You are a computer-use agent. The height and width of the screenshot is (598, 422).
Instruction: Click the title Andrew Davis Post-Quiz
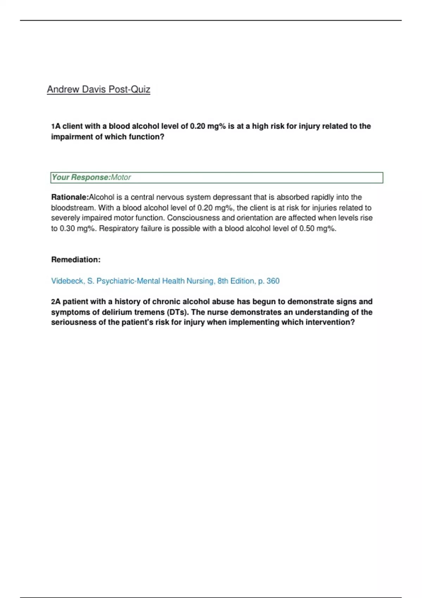tap(98, 89)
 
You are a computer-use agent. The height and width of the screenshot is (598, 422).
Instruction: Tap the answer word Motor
tap(121, 178)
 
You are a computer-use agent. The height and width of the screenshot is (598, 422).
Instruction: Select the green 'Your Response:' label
tap(81, 178)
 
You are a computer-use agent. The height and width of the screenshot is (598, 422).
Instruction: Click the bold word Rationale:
tap(70, 197)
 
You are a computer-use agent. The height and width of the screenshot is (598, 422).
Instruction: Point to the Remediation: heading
tap(76, 260)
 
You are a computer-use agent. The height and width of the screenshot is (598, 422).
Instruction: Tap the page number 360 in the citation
tap(273, 281)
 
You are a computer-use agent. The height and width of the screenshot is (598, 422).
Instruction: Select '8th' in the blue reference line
tap(223, 281)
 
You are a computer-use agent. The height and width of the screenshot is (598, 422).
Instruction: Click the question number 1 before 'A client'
tap(53, 126)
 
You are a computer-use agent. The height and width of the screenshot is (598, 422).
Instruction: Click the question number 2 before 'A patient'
tap(53, 302)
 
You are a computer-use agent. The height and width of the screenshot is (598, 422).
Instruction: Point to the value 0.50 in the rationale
tap(307, 229)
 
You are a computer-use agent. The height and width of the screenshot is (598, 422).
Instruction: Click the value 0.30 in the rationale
tap(67, 229)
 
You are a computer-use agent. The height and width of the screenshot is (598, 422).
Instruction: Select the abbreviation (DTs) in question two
tap(178, 312)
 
